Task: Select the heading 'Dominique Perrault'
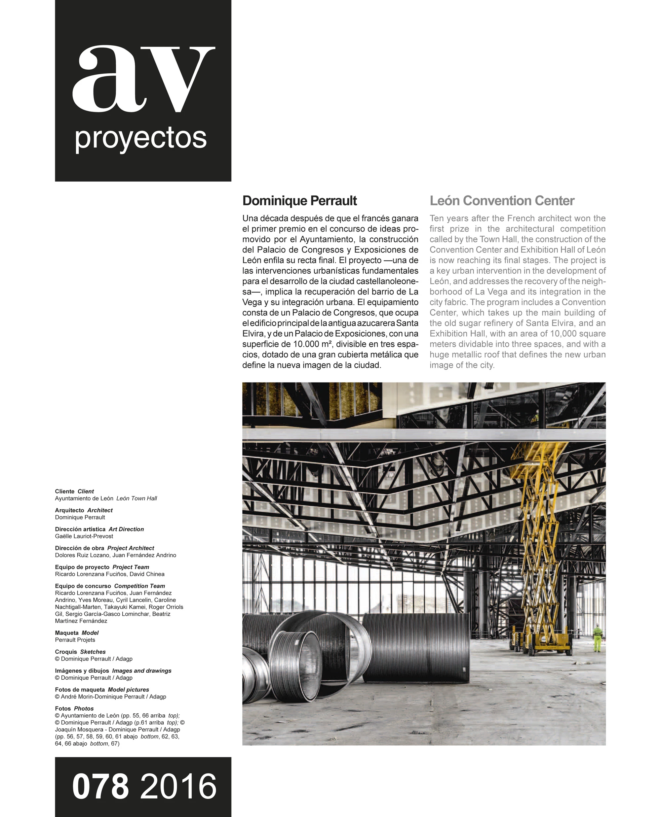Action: click(x=299, y=201)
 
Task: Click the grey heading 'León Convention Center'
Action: click(x=502, y=201)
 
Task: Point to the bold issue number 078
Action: click(x=100, y=786)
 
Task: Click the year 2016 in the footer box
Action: click(x=178, y=786)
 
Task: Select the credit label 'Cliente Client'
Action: click(x=74, y=492)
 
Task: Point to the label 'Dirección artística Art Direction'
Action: click(x=99, y=529)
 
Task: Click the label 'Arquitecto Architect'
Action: click(x=84, y=510)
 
